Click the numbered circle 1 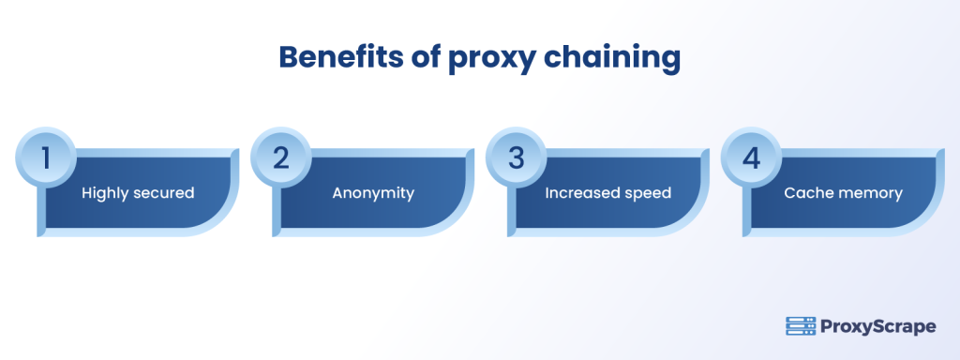coord(44,157)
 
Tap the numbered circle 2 coord(280,157)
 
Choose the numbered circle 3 coord(516,157)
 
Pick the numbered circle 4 coord(751,157)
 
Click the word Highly coord(107,193)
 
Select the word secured coord(164,193)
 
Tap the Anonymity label coord(373,193)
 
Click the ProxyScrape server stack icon coord(800,326)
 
